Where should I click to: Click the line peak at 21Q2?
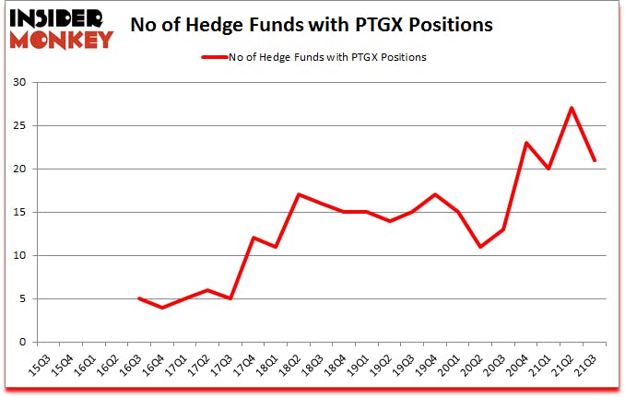tap(572, 108)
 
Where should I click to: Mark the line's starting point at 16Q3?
tap(139, 298)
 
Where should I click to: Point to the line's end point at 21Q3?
tap(595, 160)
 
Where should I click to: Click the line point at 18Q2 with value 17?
tap(299, 194)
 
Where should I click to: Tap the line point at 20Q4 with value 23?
tap(526, 143)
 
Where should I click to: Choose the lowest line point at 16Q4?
tap(162, 308)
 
